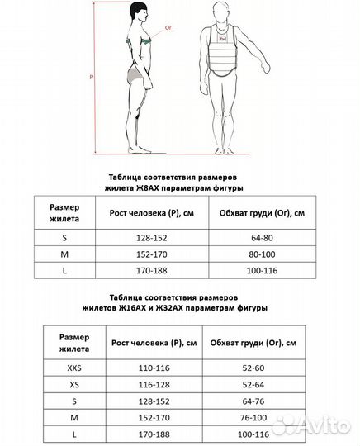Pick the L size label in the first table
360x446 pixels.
pos(64,270)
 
